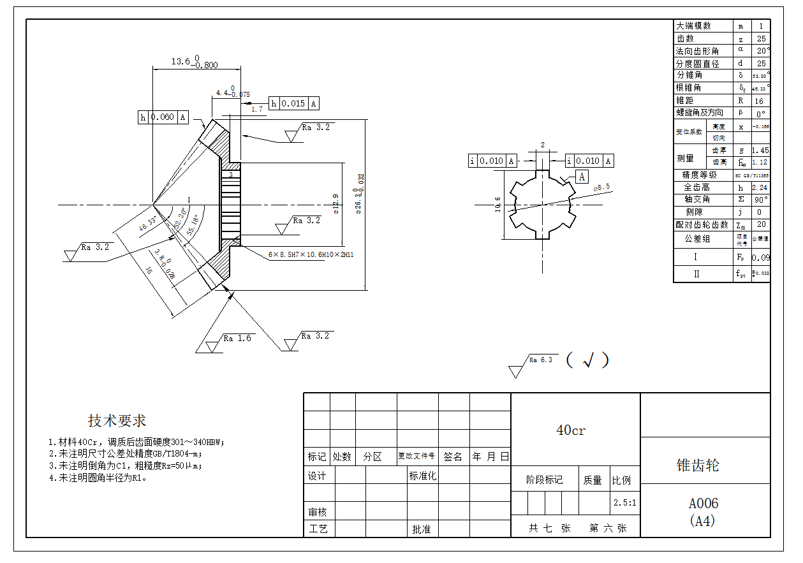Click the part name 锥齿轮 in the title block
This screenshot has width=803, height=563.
coord(697,465)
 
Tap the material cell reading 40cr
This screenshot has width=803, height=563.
coord(571,430)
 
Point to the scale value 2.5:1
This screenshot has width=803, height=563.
coord(625,502)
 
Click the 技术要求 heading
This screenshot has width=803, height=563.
coord(117,421)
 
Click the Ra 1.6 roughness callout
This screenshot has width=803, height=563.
coord(237,339)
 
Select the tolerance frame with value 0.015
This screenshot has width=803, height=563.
coord(294,104)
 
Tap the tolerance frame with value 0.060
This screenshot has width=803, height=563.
coord(164,117)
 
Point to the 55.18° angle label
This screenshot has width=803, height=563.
coord(192,225)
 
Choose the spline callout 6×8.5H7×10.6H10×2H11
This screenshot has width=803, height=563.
coord(311,254)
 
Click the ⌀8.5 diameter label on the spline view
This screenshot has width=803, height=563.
coord(602,187)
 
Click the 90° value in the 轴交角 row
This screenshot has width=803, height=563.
coord(761,200)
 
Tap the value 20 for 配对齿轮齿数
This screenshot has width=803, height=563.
coord(760,224)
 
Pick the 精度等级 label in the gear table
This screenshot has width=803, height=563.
coord(699,175)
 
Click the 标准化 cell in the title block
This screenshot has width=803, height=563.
coord(423,476)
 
